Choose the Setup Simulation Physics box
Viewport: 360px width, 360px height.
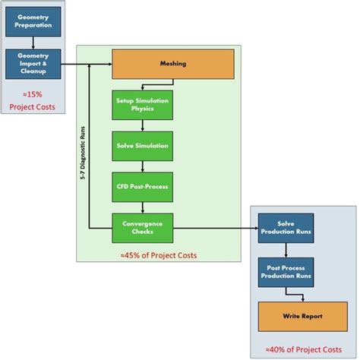click(143, 105)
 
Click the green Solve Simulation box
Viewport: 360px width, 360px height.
click(143, 145)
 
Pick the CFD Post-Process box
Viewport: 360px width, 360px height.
click(143, 185)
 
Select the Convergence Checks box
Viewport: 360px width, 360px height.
click(143, 226)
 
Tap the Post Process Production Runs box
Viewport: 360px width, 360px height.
click(285, 271)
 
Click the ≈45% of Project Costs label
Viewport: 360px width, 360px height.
click(158, 255)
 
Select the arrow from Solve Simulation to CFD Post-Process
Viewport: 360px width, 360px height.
click(143, 165)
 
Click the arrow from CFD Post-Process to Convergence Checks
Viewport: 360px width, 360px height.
click(143, 205)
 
